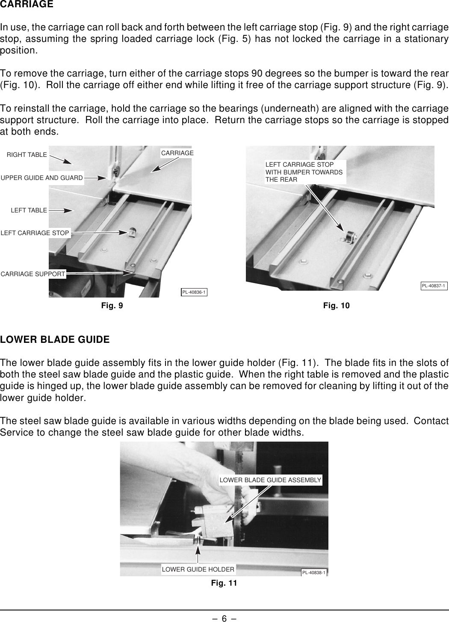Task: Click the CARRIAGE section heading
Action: tap(27, 5)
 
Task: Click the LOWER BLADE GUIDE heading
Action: tap(55, 340)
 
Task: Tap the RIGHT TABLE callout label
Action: tap(27, 155)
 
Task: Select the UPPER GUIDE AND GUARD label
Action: tap(42, 178)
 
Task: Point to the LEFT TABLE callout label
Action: tap(29, 210)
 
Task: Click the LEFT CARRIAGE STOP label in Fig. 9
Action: tap(35, 233)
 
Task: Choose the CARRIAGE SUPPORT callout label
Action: tap(33, 274)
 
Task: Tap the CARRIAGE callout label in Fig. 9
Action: tap(177, 153)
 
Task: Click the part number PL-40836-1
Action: tap(194, 292)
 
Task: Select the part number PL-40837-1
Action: tap(434, 286)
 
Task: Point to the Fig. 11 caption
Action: tap(224, 583)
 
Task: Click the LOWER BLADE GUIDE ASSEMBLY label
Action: tap(270, 480)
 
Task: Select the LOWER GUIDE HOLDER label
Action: tap(198, 569)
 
